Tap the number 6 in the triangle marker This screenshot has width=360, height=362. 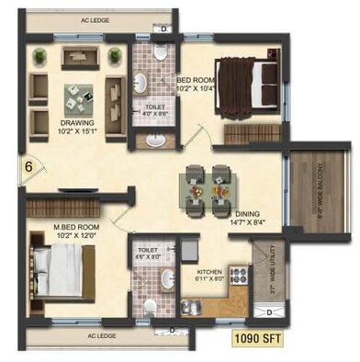click(29, 167)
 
